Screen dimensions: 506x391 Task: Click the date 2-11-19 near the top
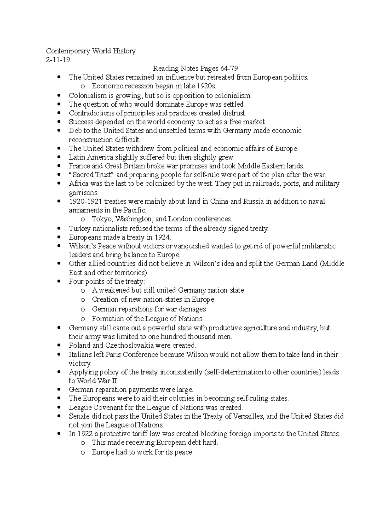point(58,60)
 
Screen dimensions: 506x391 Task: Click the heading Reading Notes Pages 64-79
point(195,68)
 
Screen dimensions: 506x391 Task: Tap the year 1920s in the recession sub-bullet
point(206,86)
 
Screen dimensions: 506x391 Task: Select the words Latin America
point(86,157)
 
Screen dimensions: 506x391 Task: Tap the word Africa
point(79,183)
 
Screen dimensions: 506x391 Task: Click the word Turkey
point(78,228)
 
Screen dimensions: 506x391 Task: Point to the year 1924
point(162,237)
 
